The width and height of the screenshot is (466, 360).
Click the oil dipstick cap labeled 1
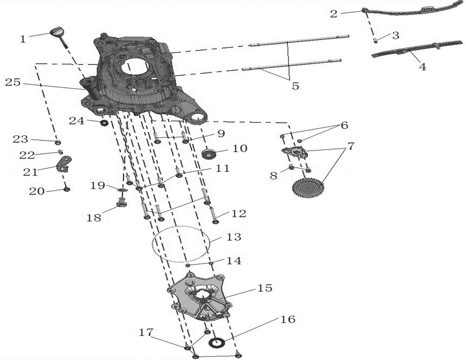[x=57, y=31]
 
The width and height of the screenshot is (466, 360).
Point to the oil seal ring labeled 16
[x=217, y=343]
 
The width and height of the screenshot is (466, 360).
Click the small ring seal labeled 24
[x=104, y=123]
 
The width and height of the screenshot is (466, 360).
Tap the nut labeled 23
[x=58, y=142]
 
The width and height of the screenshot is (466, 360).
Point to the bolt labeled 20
[x=67, y=190]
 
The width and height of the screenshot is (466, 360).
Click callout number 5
[x=295, y=86]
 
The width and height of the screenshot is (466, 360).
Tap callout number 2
[x=334, y=13]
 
